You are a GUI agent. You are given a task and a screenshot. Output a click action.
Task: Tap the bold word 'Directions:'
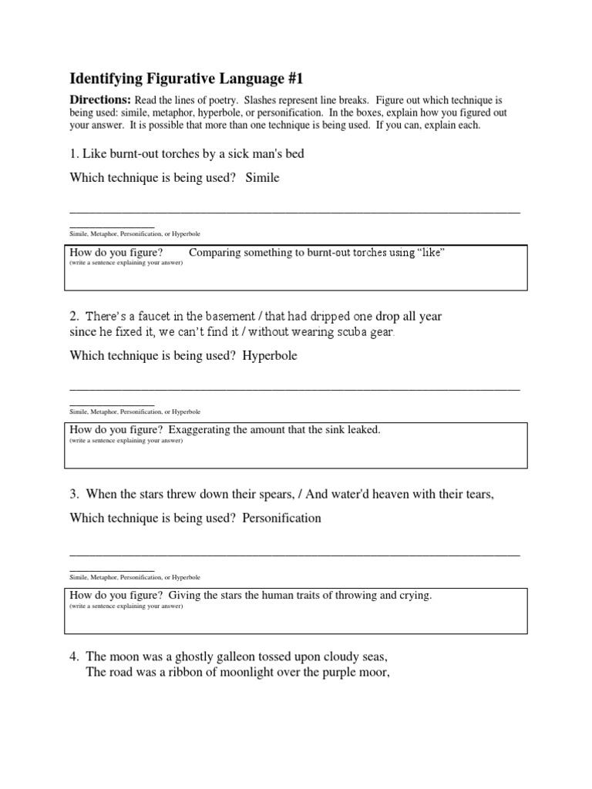[100, 101]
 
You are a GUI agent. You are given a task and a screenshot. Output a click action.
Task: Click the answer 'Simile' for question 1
[263, 178]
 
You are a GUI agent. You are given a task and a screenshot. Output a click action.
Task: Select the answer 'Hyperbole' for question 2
[270, 357]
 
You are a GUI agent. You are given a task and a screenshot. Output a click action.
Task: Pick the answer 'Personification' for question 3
[281, 519]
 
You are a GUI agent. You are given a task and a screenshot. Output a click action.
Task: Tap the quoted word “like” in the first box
[431, 253]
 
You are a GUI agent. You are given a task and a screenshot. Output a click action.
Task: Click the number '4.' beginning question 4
[75, 657]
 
